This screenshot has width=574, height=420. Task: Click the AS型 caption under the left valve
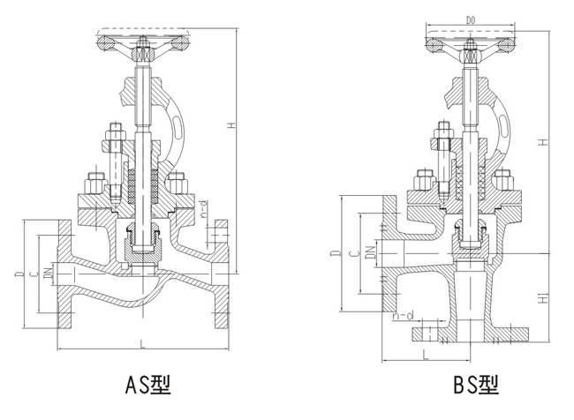(x=147, y=385)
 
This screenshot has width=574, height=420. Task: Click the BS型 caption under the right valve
(x=475, y=385)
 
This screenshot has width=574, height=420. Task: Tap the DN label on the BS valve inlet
(x=369, y=254)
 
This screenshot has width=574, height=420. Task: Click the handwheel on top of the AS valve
(x=141, y=40)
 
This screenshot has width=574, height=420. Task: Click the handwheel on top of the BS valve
(x=468, y=41)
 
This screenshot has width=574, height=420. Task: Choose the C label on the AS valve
(x=33, y=274)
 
